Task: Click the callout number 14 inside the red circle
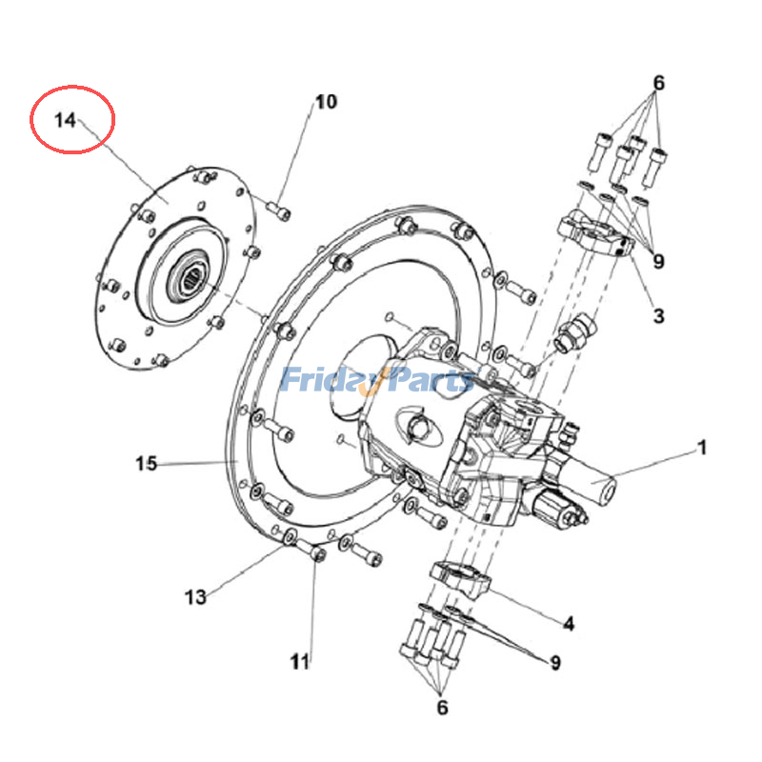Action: [x=65, y=120]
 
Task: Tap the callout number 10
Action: [x=326, y=102]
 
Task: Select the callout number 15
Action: [x=147, y=464]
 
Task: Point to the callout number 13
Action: [x=195, y=597]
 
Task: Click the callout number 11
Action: [x=300, y=661]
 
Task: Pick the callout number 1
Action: [x=702, y=448]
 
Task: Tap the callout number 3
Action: [x=658, y=316]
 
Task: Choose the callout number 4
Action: [x=569, y=624]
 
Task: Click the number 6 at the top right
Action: [x=658, y=83]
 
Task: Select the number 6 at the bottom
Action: [x=442, y=707]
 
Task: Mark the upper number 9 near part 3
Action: [x=658, y=261]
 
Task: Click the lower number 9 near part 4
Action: [x=555, y=662]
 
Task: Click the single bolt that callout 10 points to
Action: [x=279, y=211]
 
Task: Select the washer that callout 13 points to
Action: [x=291, y=536]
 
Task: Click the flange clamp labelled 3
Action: [x=596, y=233]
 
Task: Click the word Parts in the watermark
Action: [x=431, y=379]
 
